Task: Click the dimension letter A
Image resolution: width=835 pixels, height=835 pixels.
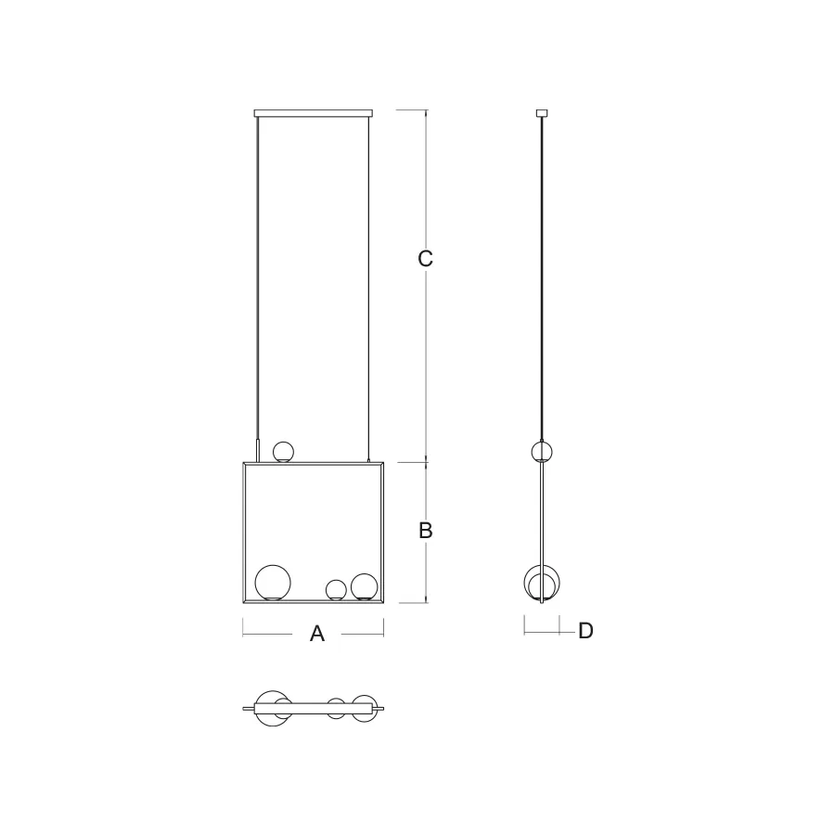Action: pyautogui.click(x=317, y=634)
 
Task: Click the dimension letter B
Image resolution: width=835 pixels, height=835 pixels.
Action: pyautogui.click(x=426, y=531)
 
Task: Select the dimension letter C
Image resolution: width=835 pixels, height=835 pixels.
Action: pyautogui.click(x=426, y=258)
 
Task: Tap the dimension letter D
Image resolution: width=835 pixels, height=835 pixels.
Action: pyautogui.click(x=585, y=631)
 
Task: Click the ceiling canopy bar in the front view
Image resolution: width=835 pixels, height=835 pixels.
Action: pyautogui.click(x=314, y=113)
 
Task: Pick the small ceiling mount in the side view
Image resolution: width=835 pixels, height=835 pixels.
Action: pyautogui.click(x=542, y=113)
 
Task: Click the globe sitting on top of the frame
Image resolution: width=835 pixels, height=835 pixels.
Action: pyautogui.click(x=283, y=452)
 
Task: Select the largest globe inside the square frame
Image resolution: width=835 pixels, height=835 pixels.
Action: pyautogui.click(x=273, y=583)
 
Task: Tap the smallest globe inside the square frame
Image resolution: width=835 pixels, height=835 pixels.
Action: pyautogui.click(x=336, y=590)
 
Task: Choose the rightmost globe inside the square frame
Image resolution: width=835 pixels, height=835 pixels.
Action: pyautogui.click(x=365, y=587)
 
